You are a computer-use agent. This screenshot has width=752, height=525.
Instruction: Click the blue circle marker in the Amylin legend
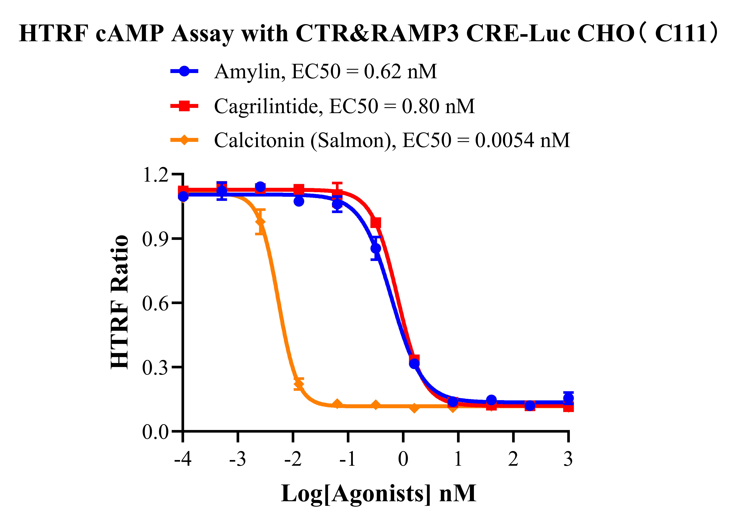click(x=184, y=71)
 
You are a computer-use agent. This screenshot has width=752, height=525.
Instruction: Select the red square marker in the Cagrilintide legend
click(x=184, y=106)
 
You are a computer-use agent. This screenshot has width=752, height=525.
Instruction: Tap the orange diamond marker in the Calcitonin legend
click(x=184, y=140)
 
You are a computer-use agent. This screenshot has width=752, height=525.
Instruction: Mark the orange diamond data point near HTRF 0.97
click(x=260, y=222)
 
